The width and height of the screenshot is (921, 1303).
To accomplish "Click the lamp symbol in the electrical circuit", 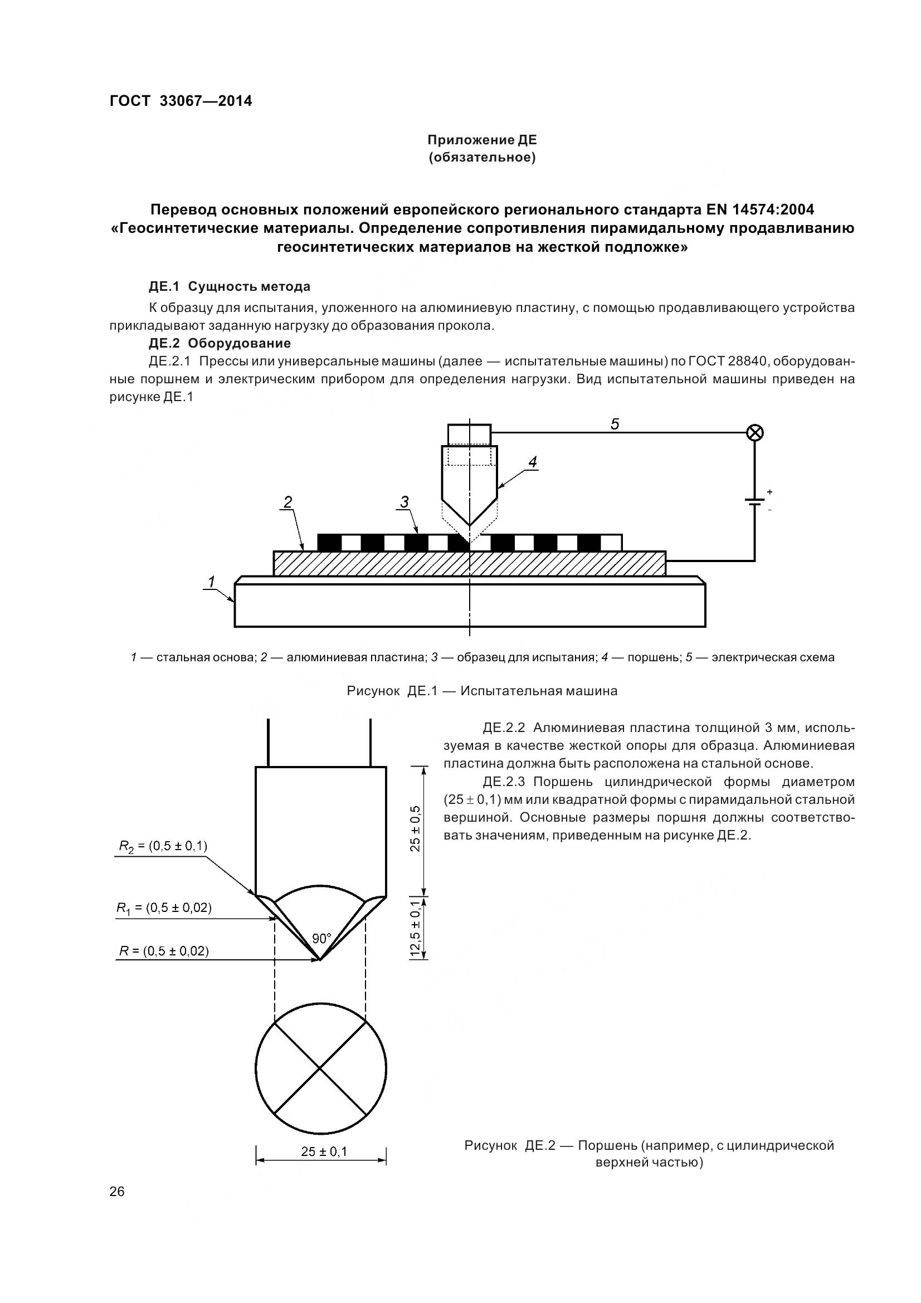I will (754, 433).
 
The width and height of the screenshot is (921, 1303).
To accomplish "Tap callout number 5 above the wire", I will (615, 424).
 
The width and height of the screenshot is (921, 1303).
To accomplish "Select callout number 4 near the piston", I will (532, 462).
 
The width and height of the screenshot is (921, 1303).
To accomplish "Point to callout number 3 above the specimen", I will (404, 502).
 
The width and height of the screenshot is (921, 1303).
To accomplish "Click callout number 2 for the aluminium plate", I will (287, 502).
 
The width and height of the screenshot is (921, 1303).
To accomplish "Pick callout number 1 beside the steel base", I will (211, 581).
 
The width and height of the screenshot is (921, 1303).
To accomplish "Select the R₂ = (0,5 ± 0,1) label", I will (163, 846).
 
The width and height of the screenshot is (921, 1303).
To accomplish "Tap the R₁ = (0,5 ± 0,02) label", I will (164, 907).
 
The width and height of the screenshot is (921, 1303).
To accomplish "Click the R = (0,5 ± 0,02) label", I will (163, 951).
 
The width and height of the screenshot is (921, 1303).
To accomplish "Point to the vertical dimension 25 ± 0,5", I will (416, 828).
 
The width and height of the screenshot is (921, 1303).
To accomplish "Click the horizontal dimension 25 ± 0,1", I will (324, 1151).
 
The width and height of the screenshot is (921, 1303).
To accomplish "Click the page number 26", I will (117, 1192).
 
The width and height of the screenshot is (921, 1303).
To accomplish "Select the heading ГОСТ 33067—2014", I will (181, 101).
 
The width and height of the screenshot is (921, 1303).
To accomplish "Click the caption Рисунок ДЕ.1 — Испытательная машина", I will (482, 691).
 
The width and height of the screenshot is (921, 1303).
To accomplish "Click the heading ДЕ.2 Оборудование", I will (220, 343).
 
